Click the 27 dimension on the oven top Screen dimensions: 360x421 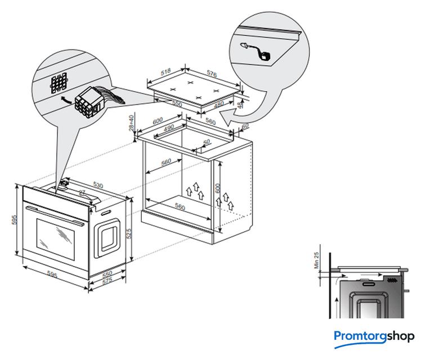click(x=82, y=193)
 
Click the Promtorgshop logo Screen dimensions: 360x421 click(x=374, y=336)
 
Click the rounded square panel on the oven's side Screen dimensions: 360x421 click(x=108, y=236)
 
